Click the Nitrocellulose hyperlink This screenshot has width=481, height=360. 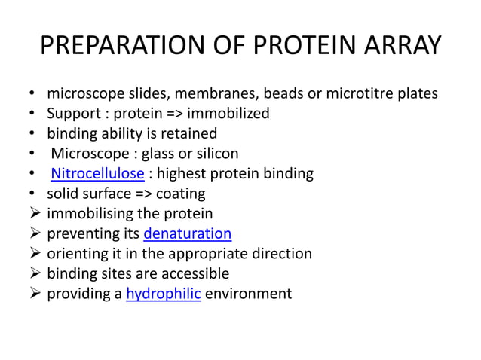(87, 174)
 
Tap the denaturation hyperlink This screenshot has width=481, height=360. (187, 233)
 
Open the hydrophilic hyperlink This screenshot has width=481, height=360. (163, 294)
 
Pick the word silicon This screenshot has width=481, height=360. (215, 154)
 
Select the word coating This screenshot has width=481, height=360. (179, 194)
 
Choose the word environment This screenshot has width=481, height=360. (248, 294)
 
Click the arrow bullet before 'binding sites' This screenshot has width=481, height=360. (34, 273)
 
